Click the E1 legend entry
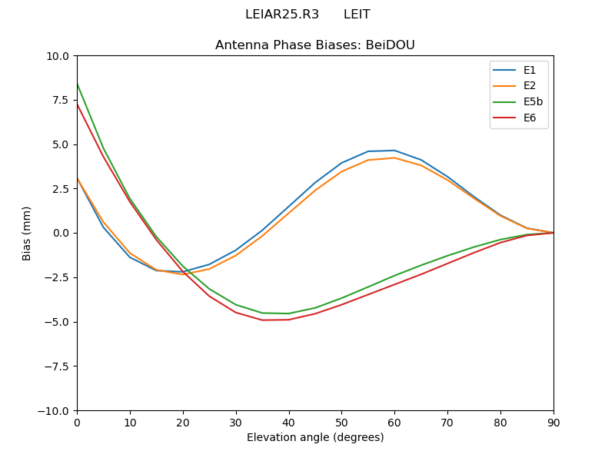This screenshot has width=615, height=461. [x=530, y=70]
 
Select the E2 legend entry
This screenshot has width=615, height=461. [x=530, y=86]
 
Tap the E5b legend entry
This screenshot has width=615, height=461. [x=534, y=101]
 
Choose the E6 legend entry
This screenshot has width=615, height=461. [x=530, y=118]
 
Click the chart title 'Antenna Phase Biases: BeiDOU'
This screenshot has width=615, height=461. [x=315, y=45]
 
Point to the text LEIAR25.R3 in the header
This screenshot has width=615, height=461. [x=282, y=15]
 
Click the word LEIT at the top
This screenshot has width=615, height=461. [x=357, y=15]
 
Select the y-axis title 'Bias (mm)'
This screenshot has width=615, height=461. [x=27, y=233]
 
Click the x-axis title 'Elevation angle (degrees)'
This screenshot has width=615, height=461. [x=315, y=437]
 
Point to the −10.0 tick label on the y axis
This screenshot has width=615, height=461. [x=55, y=410]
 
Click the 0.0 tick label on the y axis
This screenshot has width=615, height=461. [x=61, y=233]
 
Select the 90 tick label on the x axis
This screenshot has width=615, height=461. [x=553, y=423]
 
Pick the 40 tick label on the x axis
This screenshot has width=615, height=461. [x=289, y=423]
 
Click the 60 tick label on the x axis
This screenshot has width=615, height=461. [x=394, y=423]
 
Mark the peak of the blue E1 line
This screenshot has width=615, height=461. [x=394, y=151]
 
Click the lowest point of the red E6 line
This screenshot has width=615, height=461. [x=263, y=320]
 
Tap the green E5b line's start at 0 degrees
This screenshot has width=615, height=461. [x=78, y=84]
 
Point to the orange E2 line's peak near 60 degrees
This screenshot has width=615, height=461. [x=394, y=158]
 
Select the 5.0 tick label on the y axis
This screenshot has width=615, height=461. [x=61, y=144]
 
